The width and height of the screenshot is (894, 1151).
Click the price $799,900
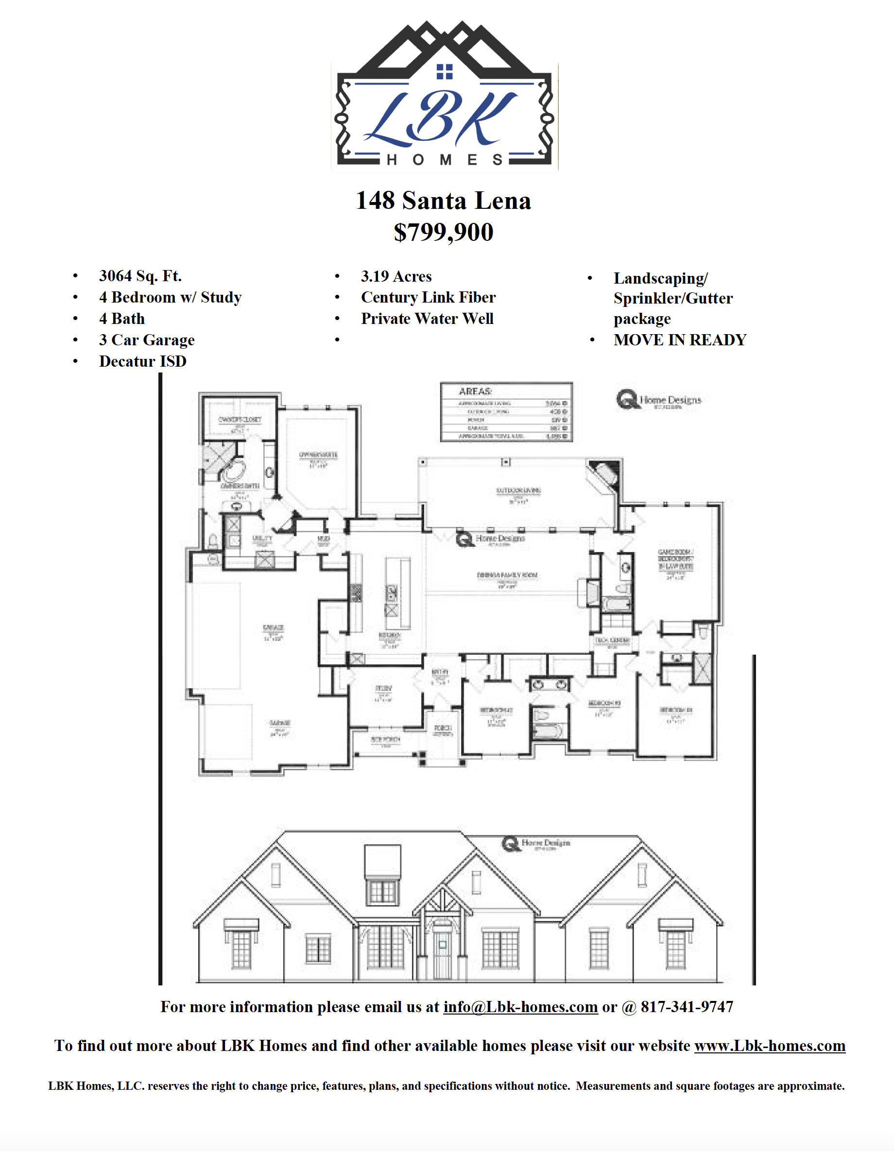click(443, 233)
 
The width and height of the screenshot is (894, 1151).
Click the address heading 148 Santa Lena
click(443, 201)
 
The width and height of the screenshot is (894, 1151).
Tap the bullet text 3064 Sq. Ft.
click(140, 276)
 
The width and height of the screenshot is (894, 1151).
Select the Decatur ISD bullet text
click(142, 361)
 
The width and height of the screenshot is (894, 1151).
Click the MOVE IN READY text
click(679, 340)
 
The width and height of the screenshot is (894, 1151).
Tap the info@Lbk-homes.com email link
click(520, 1007)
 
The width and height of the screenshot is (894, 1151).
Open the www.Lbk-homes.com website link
click(769, 1046)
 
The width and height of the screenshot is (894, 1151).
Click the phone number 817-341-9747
click(687, 1007)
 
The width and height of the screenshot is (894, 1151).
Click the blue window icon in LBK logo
click(445, 72)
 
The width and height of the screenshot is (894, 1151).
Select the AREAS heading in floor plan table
click(475, 391)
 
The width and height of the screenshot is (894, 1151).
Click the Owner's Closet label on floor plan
click(240, 420)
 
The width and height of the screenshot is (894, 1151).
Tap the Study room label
click(383, 688)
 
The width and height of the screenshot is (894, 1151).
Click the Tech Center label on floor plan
click(612, 640)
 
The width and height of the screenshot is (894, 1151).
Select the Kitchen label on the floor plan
click(390, 636)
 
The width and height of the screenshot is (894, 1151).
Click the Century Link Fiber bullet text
click(428, 297)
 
